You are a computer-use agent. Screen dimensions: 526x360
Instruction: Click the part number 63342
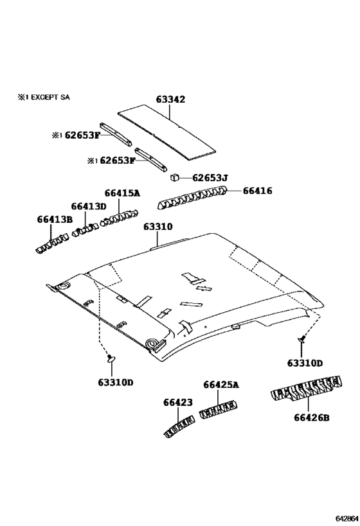point(170,100)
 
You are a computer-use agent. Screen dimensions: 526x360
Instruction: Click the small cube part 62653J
point(174,177)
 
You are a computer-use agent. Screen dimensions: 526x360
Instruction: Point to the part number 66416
point(257,190)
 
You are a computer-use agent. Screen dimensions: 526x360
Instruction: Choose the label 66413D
point(88,206)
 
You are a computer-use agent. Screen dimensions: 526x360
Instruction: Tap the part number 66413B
point(54,220)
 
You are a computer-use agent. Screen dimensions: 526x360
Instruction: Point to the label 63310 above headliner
point(157,227)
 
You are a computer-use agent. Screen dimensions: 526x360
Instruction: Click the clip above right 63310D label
point(300,338)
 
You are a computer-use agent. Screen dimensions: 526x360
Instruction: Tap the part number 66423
point(177,403)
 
